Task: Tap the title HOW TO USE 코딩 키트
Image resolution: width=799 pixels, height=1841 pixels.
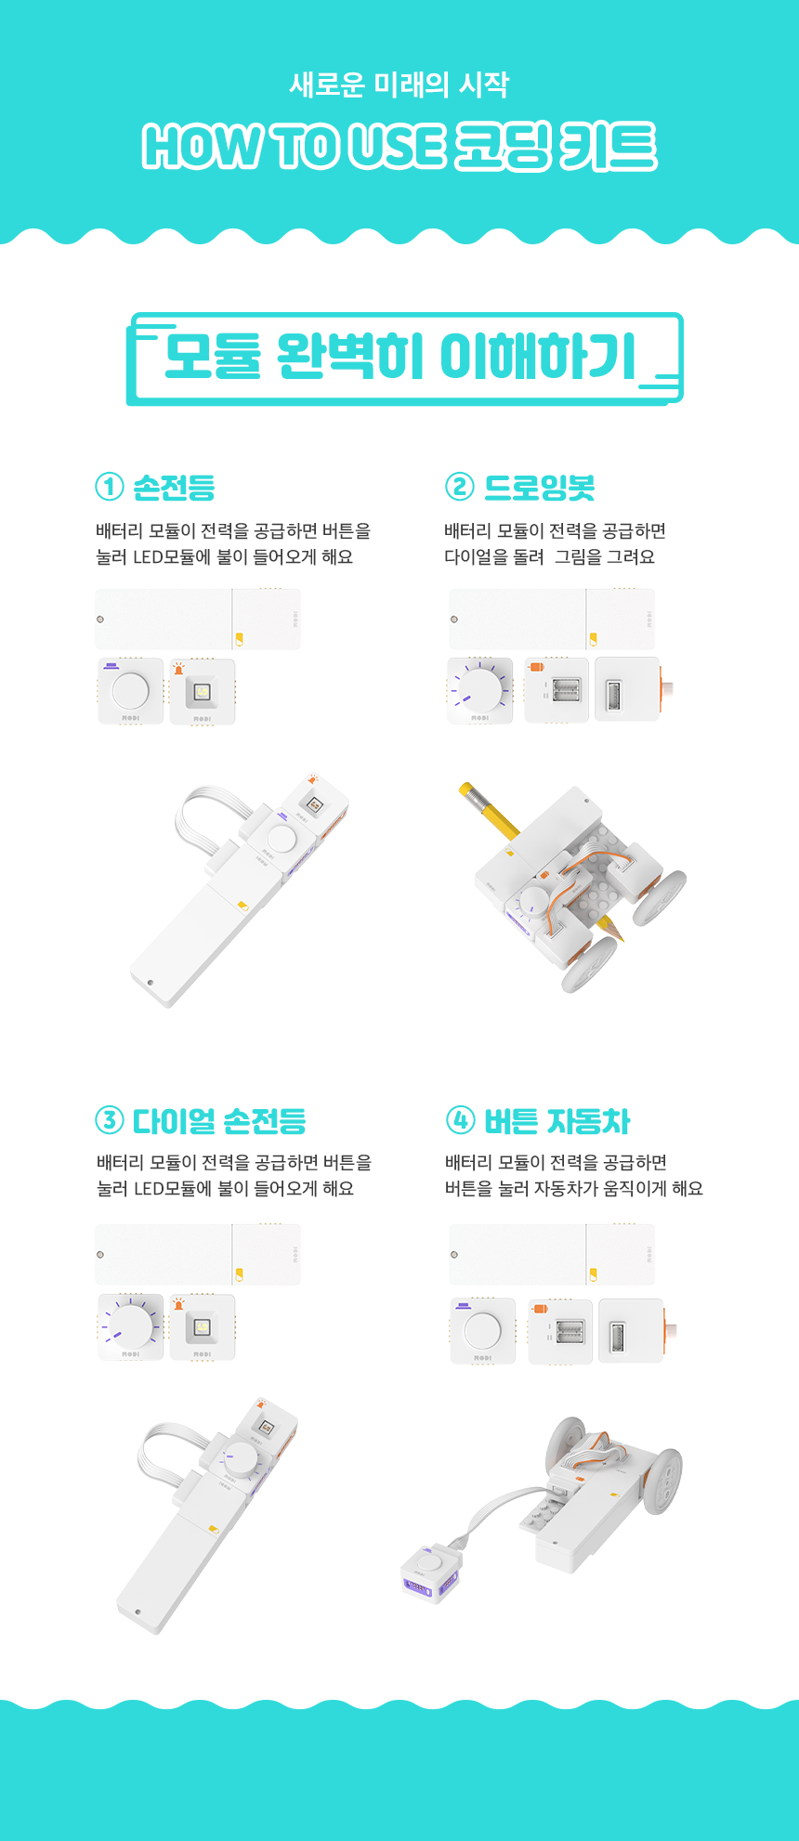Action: [399, 147]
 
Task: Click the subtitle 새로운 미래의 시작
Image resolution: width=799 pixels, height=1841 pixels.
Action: [399, 85]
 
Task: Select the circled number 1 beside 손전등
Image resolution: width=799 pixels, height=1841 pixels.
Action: [109, 486]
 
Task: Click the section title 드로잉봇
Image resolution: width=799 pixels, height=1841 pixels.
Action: [540, 487]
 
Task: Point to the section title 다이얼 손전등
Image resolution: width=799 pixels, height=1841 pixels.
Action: [219, 1121]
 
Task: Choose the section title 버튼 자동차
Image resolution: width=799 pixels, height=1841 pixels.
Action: [557, 1121]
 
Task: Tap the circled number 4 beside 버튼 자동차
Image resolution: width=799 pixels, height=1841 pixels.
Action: [460, 1120]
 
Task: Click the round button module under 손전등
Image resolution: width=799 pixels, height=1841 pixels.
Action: [130, 691]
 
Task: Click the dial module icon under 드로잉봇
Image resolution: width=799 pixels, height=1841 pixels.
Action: [480, 691]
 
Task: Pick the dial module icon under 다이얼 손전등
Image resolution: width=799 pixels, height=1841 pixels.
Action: [130, 1326]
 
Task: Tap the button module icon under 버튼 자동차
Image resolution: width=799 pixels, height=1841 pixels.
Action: [482, 1330]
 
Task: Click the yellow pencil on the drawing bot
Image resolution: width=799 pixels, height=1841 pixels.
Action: [490, 810]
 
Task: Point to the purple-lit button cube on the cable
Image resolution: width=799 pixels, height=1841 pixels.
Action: [429, 1573]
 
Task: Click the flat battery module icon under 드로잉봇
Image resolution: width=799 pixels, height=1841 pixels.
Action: [552, 619]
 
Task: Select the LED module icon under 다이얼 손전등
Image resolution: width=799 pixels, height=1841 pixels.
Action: [203, 1326]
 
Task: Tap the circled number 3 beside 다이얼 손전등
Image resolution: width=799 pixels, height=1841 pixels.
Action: [109, 1120]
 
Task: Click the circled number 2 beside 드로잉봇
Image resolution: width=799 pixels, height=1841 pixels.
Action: [460, 486]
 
